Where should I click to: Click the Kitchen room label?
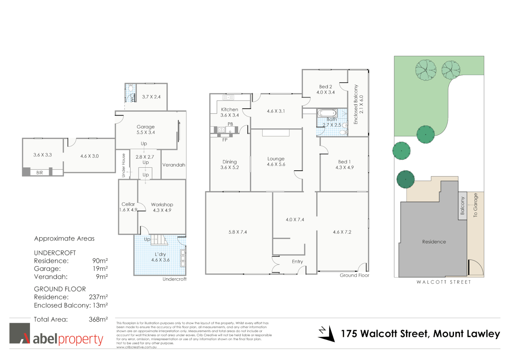pyautogui.click(x=229, y=110)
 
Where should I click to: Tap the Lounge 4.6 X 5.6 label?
pyautogui.click(x=276, y=162)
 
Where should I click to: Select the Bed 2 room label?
pyautogui.click(x=325, y=87)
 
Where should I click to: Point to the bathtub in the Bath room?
pyautogui.click(x=327, y=113)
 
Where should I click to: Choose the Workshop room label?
pyautogui.click(x=162, y=205)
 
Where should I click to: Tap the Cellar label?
pyautogui.click(x=128, y=204)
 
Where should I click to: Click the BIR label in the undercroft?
pyautogui.click(x=40, y=173)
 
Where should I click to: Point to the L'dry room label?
pyautogui.click(x=160, y=254)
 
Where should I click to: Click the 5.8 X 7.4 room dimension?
pyautogui.click(x=237, y=232)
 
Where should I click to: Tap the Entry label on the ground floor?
pyautogui.click(x=297, y=262)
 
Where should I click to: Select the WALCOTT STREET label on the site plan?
pyautogui.click(x=444, y=282)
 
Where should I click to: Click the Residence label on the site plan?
pyautogui.click(x=434, y=242)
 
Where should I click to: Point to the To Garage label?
pyautogui.click(x=475, y=205)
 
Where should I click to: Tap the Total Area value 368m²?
pyautogui.click(x=98, y=319)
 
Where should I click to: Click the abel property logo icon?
pyautogui.click(x=20, y=333)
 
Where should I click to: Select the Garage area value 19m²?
pyautogui.click(x=100, y=269)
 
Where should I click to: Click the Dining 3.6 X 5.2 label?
pyautogui.click(x=229, y=165)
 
